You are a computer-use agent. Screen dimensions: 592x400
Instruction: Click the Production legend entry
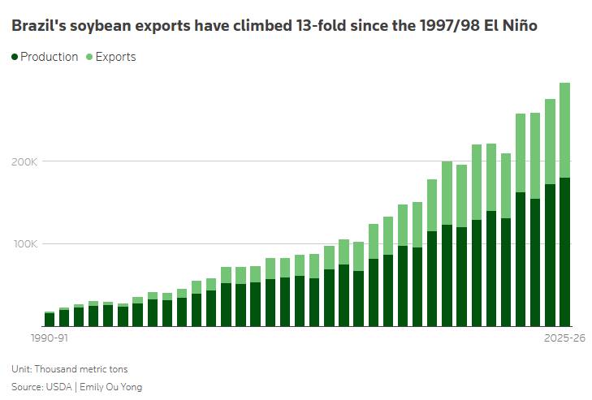45,57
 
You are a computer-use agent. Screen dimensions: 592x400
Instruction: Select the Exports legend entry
111,57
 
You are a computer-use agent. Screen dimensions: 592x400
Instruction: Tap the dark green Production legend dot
15,57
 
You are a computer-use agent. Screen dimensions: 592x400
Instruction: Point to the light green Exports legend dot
89,57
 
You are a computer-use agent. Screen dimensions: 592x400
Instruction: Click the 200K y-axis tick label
24,162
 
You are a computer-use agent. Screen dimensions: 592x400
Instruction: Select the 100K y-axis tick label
26,244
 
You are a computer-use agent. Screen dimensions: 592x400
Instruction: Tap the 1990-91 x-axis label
50,338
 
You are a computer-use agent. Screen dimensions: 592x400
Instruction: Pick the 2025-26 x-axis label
564,338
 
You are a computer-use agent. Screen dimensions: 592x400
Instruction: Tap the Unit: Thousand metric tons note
70,368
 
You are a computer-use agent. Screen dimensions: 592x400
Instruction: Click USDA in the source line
59,387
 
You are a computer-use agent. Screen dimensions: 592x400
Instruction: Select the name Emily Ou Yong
111,387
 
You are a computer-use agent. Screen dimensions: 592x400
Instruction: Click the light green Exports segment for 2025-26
564,130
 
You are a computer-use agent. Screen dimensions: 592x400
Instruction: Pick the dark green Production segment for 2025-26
564,252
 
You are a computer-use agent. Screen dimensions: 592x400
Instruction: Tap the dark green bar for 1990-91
50,320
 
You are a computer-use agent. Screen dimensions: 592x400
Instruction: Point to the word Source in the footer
27,387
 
